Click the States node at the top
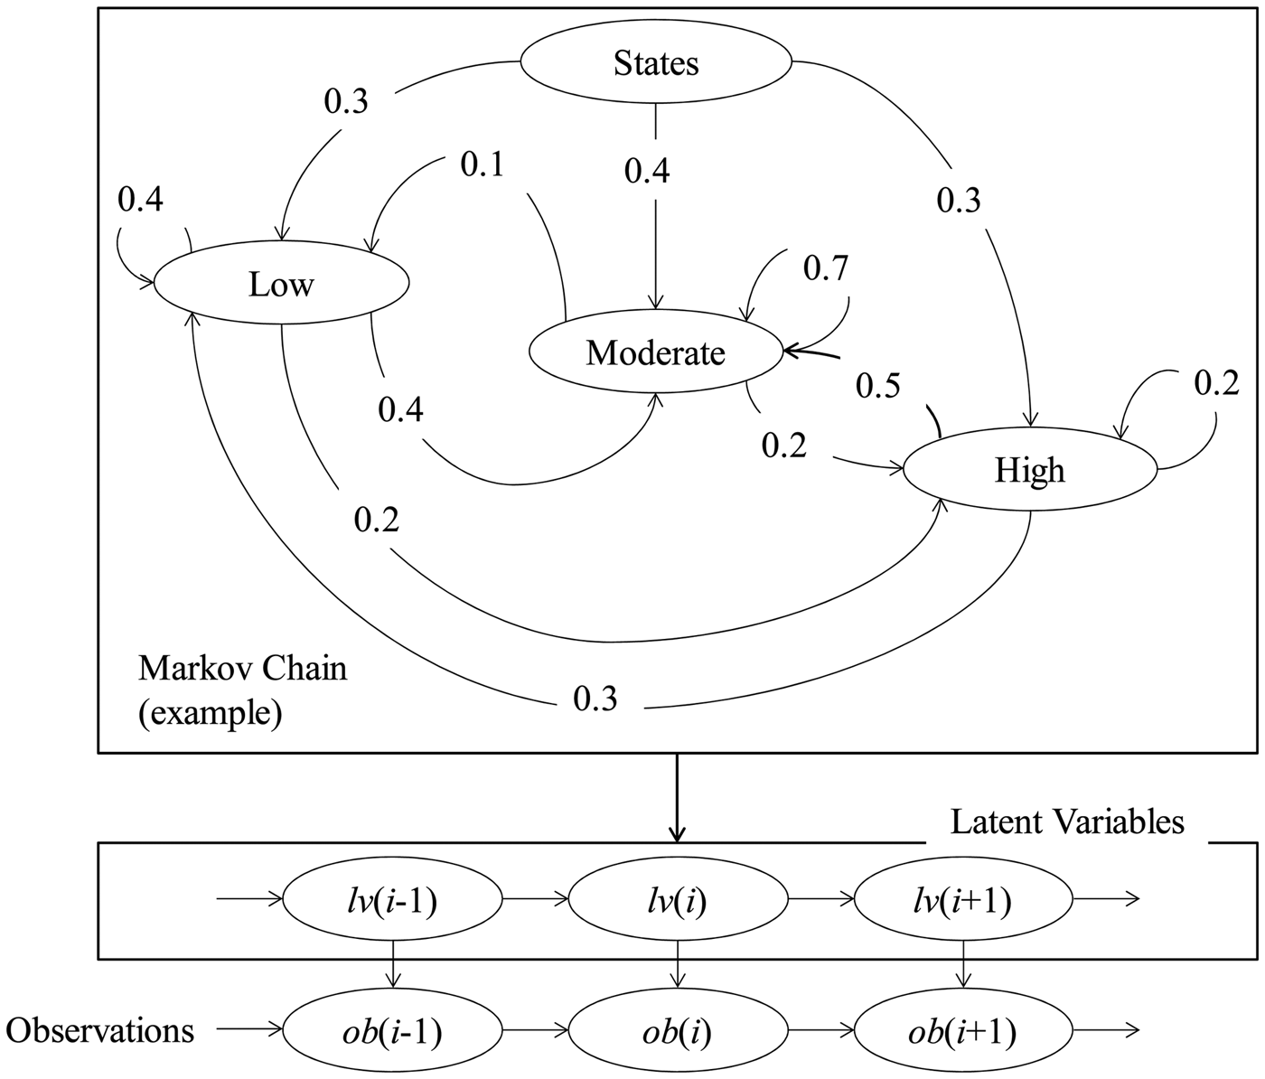pyautogui.click(x=656, y=63)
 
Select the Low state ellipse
pyautogui.click(x=281, y=285)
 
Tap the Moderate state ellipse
pyautogui.click(x=655, y=352)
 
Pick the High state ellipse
pyautogui.click(x=1030, y=470)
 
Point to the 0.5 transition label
pyautogui.click(x=878, y=386)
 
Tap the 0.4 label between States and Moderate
pyautogui.click(x=647, y=169)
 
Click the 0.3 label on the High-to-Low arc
pyautogui.click(x=595, y=698)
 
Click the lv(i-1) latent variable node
pyautogui.click(x=392, y=900)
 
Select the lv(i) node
pyautogui.click(x=678, y=900)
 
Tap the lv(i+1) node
pyautogui.click(x=963, y=900)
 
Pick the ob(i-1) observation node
pyautogui.click(x=392, y=1031)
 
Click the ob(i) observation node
pyautogui.click(x=678, y=1031)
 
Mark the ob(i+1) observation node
pyautogui.click(x=963, y=1031)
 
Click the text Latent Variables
pyautogui.click(x=1067, y=821)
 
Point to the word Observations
pyautogui.click(x=99, y=1030)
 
